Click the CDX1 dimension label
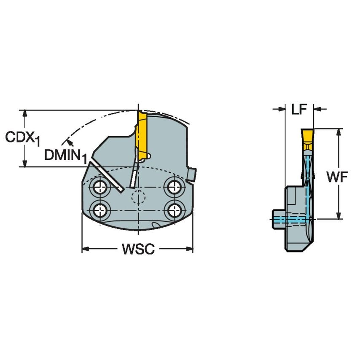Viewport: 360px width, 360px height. point(22,138)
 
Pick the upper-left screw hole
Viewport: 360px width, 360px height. point(100,186)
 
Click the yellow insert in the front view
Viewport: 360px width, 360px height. point(142,133)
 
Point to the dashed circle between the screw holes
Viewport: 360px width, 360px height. point(137,197)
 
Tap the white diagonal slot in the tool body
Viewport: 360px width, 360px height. point(105,177)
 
